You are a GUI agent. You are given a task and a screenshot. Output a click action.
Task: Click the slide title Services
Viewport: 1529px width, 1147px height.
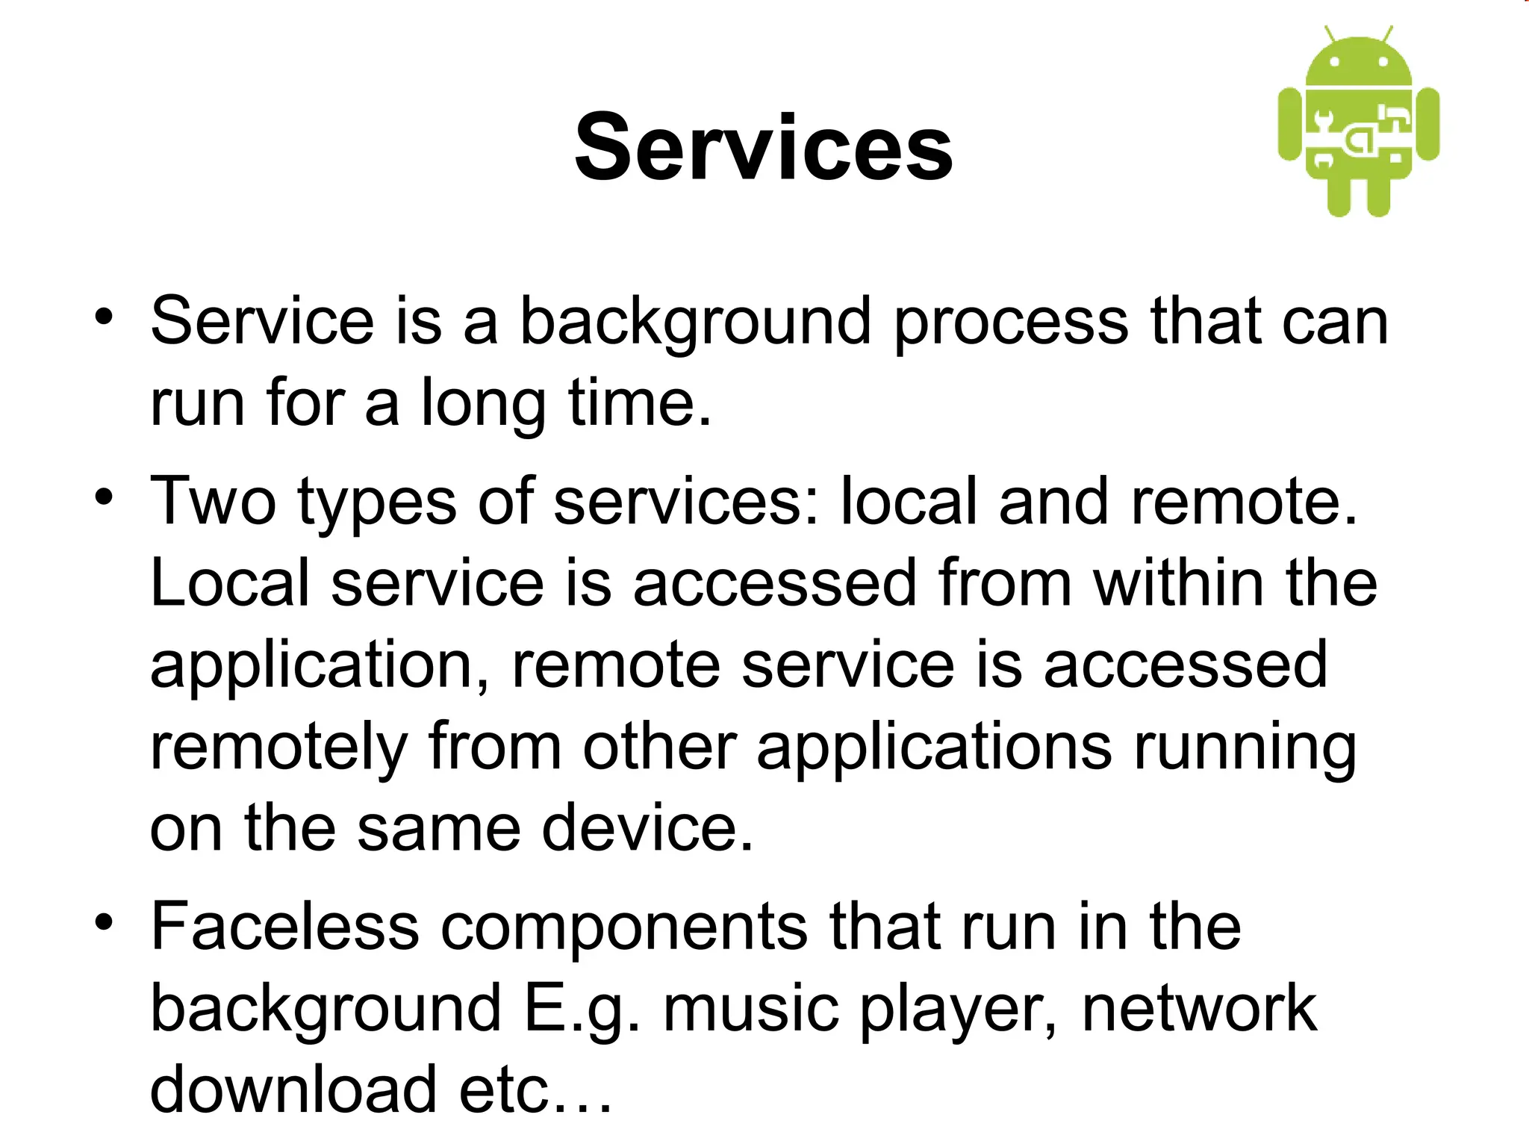[764, 147]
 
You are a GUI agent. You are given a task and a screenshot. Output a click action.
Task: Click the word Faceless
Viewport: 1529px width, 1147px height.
[284, 927]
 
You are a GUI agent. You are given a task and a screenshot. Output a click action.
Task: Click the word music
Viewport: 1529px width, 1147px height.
[750, 1009]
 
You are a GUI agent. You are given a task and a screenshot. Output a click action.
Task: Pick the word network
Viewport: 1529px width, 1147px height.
[1199, 1009]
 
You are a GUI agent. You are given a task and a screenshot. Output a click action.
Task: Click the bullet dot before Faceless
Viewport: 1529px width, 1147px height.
[104, 923]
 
